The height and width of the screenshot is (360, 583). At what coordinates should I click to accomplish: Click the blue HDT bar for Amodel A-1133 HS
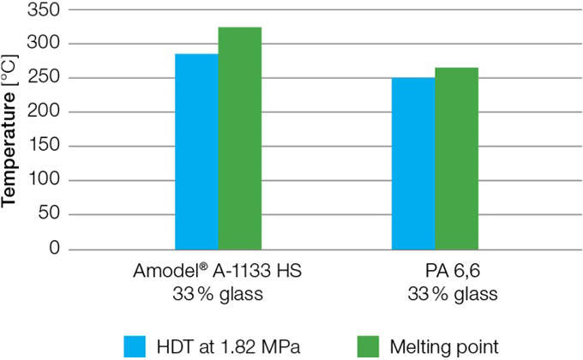196,152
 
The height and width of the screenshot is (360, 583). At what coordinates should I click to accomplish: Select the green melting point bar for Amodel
239,138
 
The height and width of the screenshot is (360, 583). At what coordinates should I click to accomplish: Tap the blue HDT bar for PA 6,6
413,164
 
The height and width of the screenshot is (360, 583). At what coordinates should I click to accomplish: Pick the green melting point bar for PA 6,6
456,159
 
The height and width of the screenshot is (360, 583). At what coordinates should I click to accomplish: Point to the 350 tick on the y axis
45,9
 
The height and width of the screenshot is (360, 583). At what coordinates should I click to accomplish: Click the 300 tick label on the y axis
45,44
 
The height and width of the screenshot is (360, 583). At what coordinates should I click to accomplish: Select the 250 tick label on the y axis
45,78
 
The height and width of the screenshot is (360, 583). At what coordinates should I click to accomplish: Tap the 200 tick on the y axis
45,112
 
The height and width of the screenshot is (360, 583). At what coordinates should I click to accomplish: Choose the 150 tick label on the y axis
45,147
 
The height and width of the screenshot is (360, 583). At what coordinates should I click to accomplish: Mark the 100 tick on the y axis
45,181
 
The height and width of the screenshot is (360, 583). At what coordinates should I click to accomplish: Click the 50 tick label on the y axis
50,215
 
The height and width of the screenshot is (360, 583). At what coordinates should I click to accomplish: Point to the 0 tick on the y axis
55,249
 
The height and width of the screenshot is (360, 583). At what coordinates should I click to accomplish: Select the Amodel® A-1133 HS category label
218,271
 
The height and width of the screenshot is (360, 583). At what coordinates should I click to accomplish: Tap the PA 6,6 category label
436,271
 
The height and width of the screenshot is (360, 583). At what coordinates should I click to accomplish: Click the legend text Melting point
444,346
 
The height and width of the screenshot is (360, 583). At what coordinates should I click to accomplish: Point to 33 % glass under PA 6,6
436,293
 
